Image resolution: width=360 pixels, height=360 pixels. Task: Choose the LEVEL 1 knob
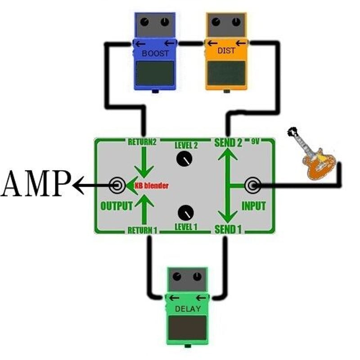[x=186, y=212]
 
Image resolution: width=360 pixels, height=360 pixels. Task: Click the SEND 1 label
[x=228, y=229]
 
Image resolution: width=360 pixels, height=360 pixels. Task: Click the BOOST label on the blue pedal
[x=155, y=53]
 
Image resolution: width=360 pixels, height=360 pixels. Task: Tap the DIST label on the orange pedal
[x=226, y=51]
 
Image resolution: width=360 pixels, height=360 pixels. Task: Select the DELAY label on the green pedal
[x=188, y=309]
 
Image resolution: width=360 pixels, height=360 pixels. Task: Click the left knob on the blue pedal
[x=144, y=22]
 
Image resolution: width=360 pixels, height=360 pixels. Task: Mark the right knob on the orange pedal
[x=236, y=22]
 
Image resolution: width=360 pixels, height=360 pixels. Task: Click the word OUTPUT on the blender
[x=117, y=206]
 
